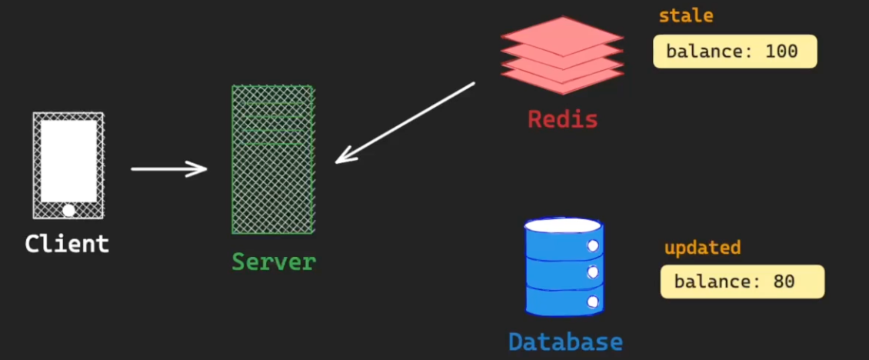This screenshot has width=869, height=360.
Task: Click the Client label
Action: pos(67,244)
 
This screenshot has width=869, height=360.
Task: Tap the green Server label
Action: pos(274,262)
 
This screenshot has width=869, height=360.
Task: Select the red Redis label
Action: pos(562,119)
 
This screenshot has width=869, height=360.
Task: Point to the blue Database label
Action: pos(565,342)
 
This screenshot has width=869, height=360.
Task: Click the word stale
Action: pos(686,16)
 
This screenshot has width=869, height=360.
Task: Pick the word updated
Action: pos(702,248)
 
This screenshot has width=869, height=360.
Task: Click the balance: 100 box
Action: pos(734,52)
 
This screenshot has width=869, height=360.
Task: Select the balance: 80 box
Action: pos(741,282)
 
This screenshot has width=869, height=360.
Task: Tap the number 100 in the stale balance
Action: pos(782,52)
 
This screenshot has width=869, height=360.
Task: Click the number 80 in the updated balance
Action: pos(784,282)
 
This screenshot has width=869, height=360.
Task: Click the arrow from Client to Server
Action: pos(169,168)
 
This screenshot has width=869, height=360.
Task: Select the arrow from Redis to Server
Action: pos(405,123)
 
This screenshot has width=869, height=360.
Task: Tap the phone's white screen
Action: pos(68,160)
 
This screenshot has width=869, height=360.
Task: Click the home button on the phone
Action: pos(68,209)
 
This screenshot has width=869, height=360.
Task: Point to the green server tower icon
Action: pos(272,159)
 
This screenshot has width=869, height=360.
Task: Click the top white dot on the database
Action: pos(593,245)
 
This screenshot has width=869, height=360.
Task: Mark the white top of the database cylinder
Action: pos(563,225)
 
